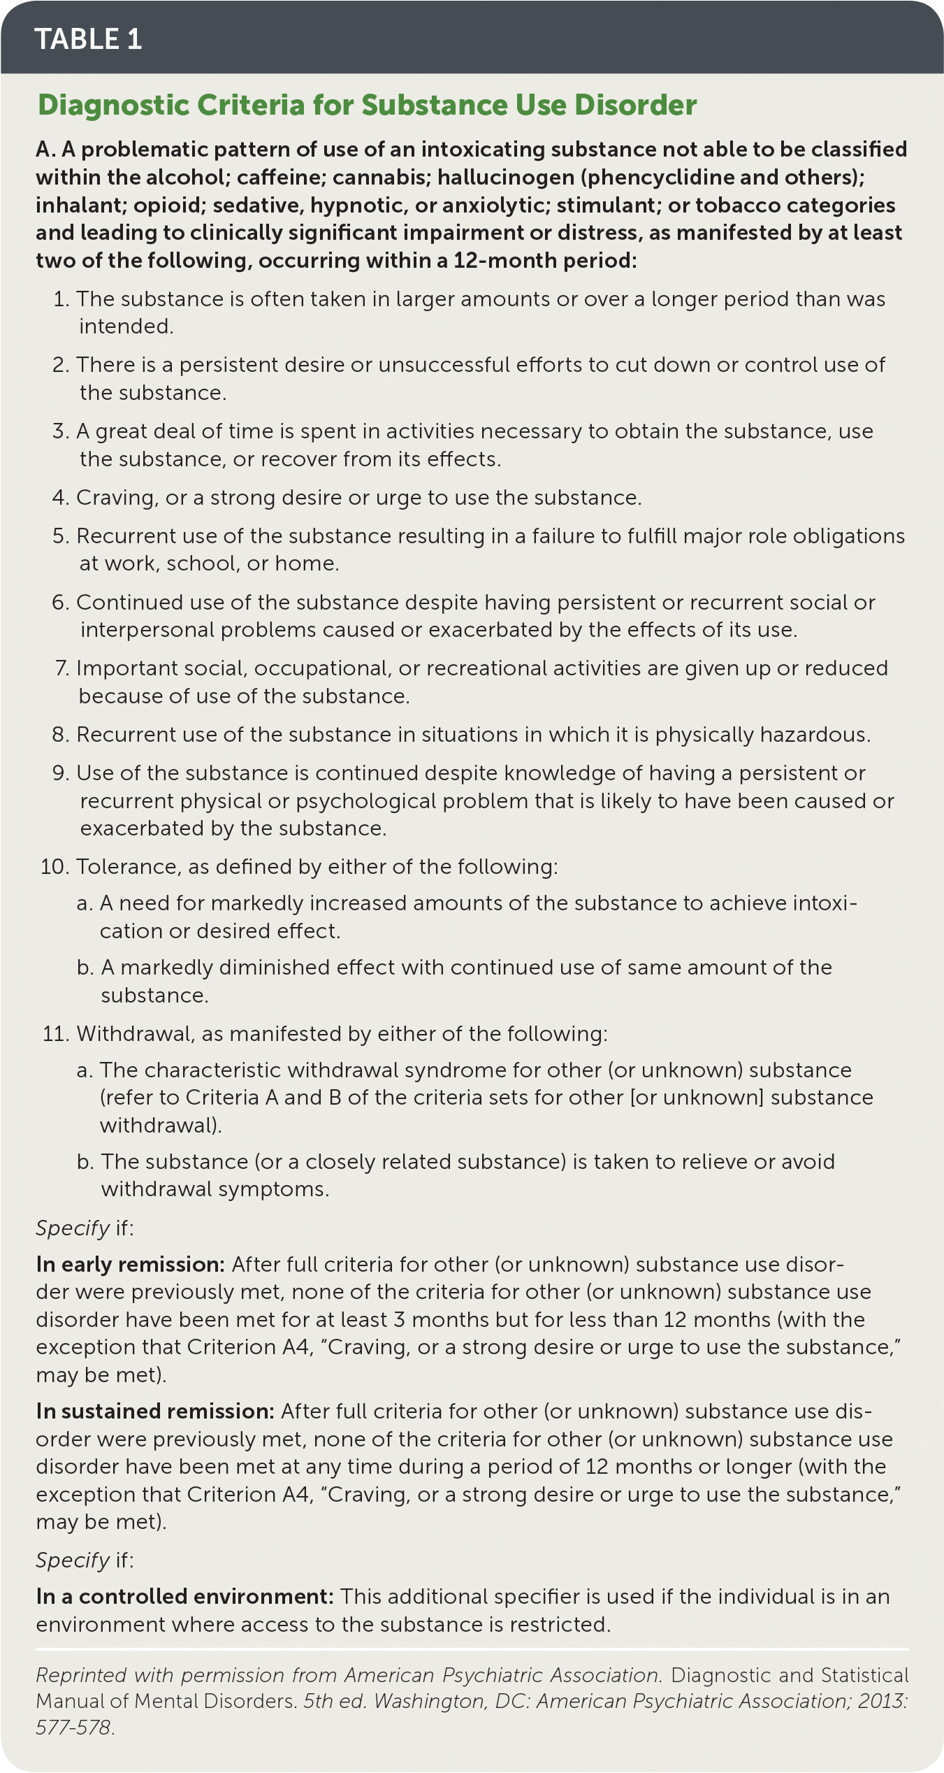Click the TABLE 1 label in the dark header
88,39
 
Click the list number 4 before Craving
59,498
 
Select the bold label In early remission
130,1265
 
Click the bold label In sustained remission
154,1412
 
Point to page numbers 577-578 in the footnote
73,1727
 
